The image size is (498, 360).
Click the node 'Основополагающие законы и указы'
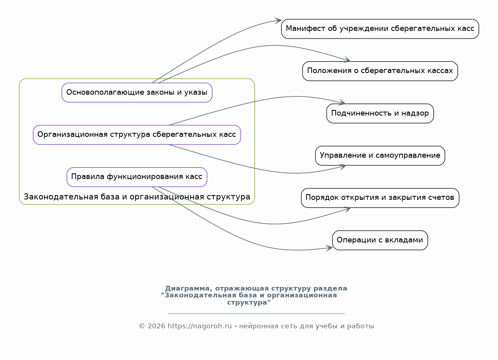click(137, 92)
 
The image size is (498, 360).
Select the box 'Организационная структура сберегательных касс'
click(137, 135)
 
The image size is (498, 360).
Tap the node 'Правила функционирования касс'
click(137, 177)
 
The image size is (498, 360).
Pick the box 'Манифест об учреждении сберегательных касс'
click(380, 29)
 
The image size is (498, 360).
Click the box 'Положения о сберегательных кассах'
click(380, 71)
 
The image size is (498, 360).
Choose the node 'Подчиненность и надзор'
click(380, 114)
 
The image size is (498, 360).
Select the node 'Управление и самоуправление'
click(380, 156)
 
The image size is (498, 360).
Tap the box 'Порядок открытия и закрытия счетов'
click(380, 198)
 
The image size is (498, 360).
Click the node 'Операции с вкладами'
click(380, 240)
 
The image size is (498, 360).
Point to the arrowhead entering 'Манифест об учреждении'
click(278, 20)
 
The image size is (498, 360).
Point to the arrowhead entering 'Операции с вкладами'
click(329, 248)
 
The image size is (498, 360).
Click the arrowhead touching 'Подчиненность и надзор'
click(342, 102)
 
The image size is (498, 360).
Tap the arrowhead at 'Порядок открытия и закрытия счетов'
click(348, 209)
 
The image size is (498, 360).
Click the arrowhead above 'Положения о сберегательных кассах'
click(347, 59)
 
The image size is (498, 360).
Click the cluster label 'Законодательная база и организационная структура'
click(137, 197)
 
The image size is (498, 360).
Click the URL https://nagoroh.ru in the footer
click(200, 326)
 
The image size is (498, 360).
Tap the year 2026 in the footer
click(157, 326)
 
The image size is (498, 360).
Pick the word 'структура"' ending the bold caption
click(249, 303)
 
